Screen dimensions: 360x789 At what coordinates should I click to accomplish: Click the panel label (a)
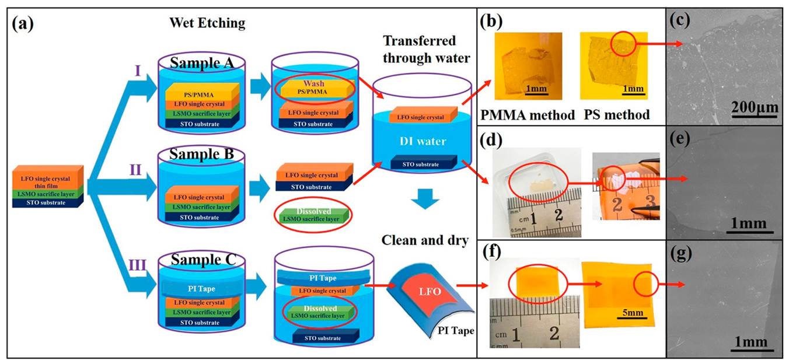pos(24,25)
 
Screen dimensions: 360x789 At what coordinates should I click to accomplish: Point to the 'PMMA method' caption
pos(527,115)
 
